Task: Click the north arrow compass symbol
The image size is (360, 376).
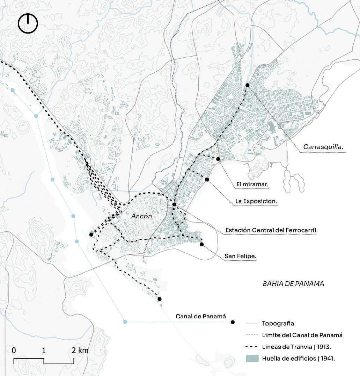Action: coord(28,24)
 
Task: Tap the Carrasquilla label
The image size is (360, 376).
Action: coord(323,147)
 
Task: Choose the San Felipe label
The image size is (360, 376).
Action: coord(240,256)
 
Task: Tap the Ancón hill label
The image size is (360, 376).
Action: coord(141,216)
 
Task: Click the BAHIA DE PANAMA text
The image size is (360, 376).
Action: coord(293,283)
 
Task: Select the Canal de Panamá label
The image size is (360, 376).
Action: coord(200,317)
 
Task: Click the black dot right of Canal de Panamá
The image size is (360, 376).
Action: coord(233,322)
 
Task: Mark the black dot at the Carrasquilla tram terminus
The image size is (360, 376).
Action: coord(247,85)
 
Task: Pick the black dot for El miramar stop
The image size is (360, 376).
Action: coord(218,159)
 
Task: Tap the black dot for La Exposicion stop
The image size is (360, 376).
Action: coord(207,180)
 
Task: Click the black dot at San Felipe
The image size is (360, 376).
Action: coord(201,244)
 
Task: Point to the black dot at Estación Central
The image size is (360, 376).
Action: coord(174,204)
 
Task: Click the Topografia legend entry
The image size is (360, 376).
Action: coord(278,324)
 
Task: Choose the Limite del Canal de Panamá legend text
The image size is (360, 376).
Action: coord(302,335)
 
